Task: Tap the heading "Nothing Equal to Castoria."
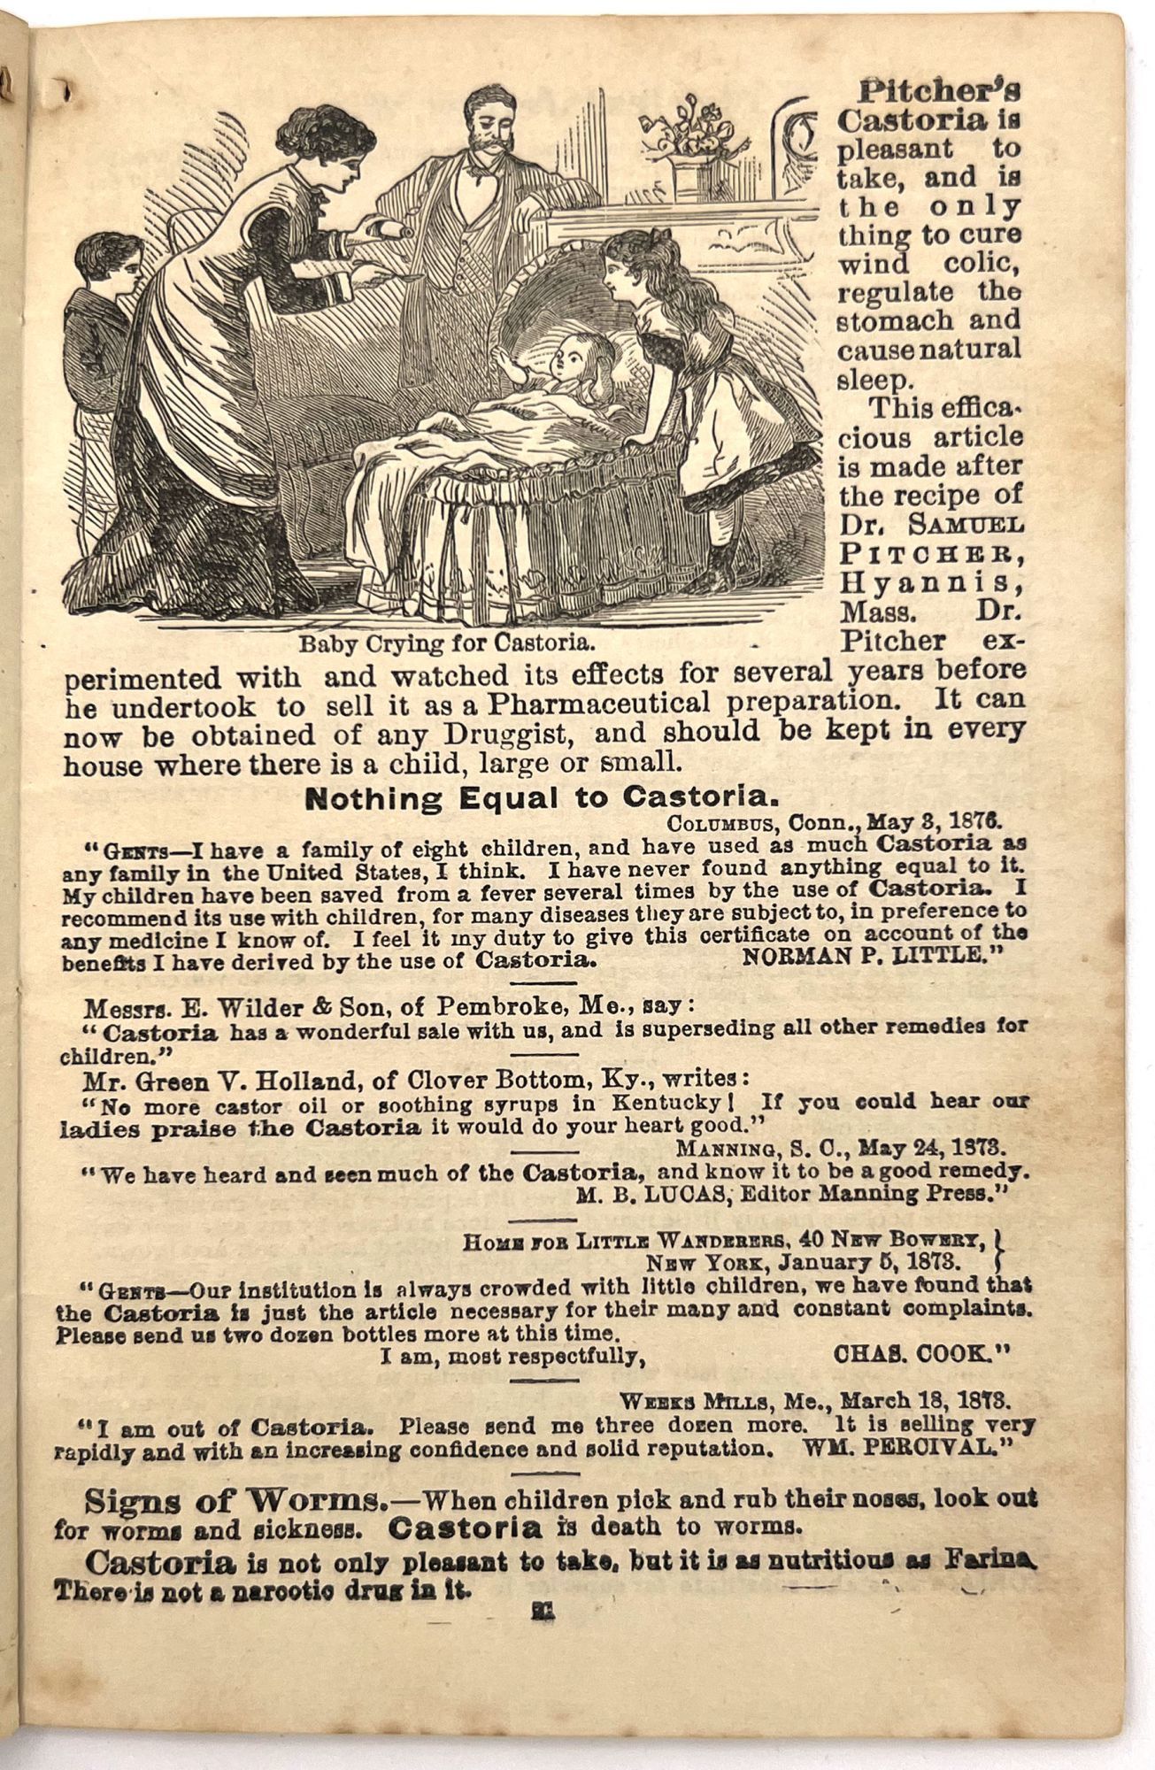pos(542,798)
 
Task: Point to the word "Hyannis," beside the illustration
pos(928,582)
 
